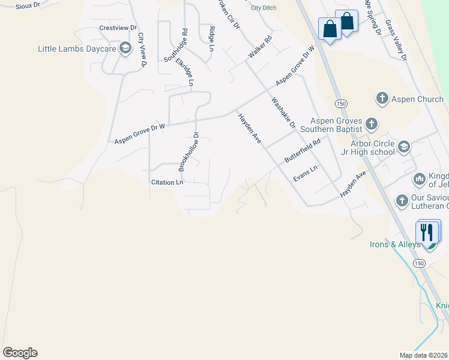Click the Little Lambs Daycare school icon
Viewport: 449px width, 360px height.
[125, 49]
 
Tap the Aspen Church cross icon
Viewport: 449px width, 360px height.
[381, 98]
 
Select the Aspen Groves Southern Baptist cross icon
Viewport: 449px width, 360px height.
[371, 124]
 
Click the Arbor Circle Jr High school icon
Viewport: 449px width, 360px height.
[403, 147]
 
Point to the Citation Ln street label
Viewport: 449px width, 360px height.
[167, 182]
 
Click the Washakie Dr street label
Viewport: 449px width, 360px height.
[283, 113]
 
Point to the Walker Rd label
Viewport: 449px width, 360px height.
[261, 47]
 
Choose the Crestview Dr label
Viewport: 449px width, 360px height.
[118, 28]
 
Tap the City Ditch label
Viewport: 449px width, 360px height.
[264, 8]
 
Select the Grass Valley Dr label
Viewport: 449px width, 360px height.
[396, 40]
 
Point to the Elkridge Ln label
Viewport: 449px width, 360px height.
[184, 73]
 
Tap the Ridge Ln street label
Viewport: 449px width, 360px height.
[211, 38]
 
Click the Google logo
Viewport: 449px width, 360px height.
[20, 353]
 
